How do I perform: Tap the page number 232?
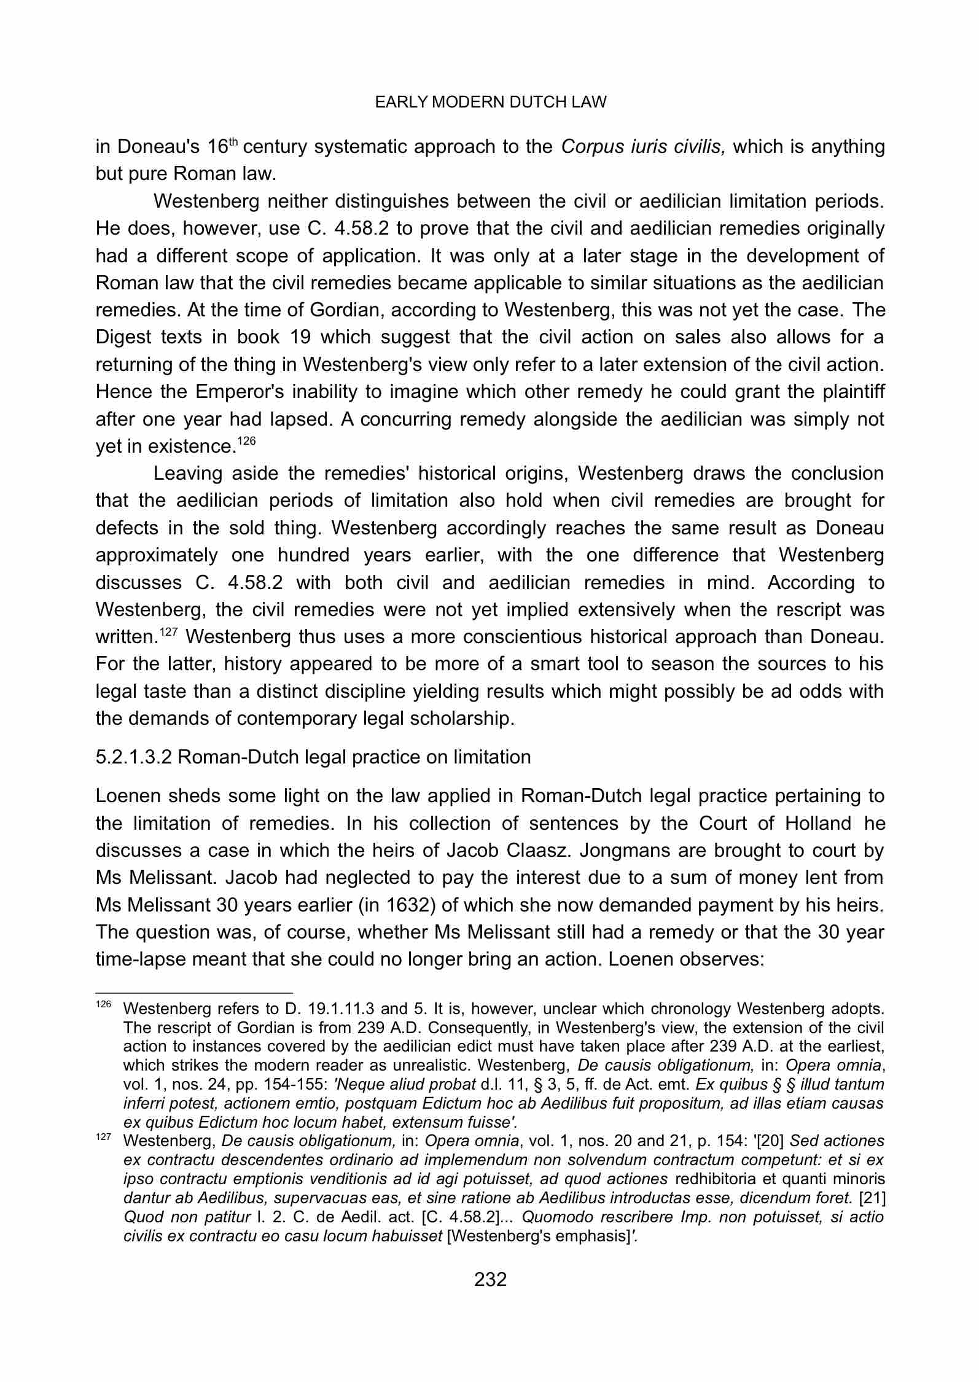[x=490, y=1279]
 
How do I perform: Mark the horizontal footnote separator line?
[x=194, y=992]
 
